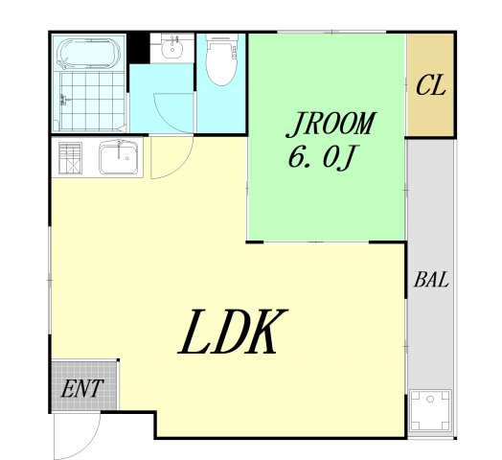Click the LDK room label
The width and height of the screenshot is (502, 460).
pyautogui.click(x=233, y=332)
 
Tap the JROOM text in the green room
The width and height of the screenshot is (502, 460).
pyautogui.click(x=331, y=125)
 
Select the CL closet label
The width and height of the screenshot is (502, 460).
pyautogui.click(x=430, y=85)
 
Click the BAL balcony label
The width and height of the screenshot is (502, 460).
pyautogui.click(x=431, y=279)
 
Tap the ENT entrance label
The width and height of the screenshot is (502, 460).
pyautogui.click(x=82, y=388)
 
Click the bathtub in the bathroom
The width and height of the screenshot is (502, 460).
pyautogui.click(x=89, y=53)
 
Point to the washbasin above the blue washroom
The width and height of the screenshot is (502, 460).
pyautogui.click(x=172, y=48)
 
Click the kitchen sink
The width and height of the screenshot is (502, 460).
pyautogui.click(x=118, y=158)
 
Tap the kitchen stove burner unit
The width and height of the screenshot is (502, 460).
pyautogui.click(x=70, y=158)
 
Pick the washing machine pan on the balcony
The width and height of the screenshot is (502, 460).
pyautogui.click(x=430, y=410)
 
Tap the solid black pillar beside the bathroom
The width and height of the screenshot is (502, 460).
pyautogui.click(x=139, y=48)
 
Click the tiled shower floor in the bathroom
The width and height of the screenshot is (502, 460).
pyautogui.click(x=92, y=101)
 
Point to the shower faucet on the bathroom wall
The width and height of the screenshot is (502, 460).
pyautogui.click(x=64, y=100)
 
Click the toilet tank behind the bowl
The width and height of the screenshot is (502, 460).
pyautogui.click(x=222, y=38)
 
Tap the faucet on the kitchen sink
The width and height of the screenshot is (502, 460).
pyautogui.click(x=119, y=149)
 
